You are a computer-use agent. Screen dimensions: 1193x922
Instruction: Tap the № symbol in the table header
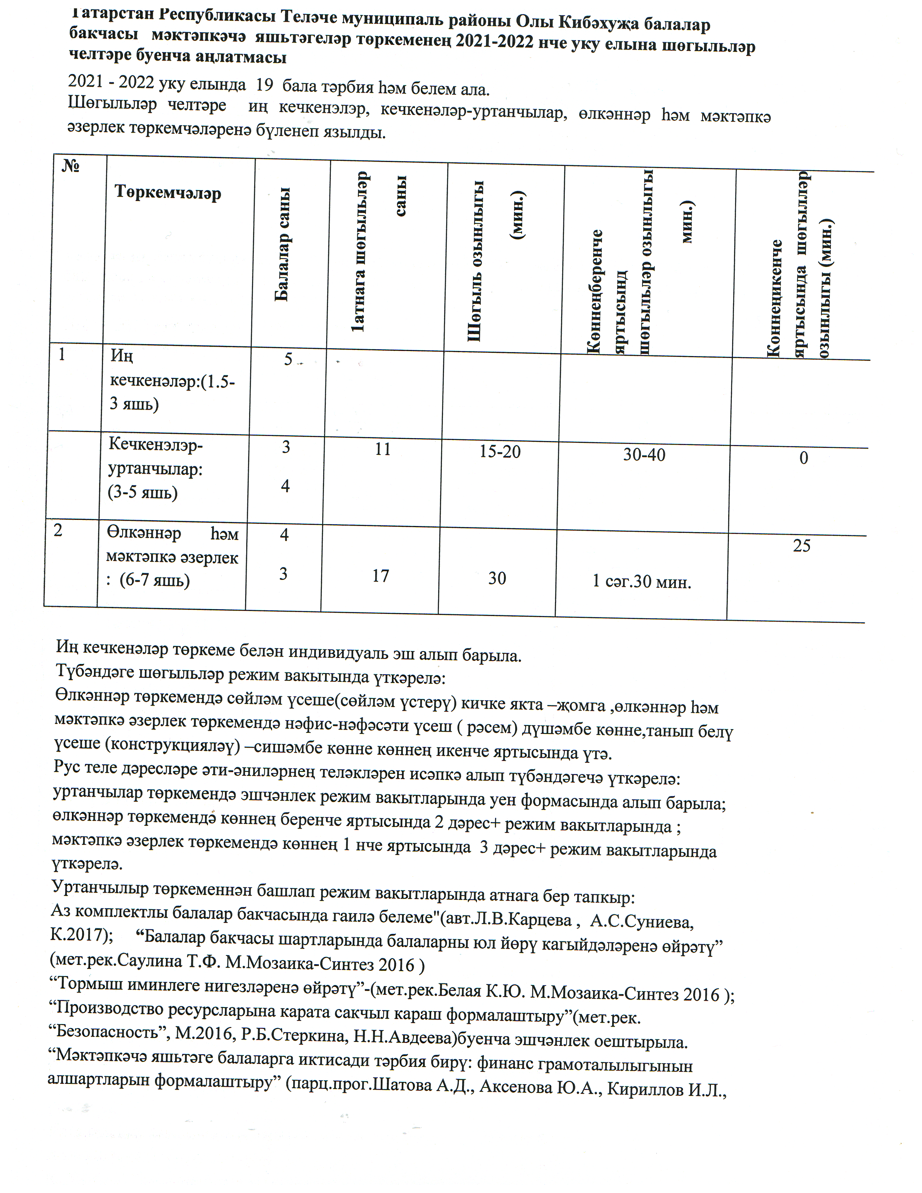pos(71,166)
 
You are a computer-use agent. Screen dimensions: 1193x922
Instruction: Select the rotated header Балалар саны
pos(282,245)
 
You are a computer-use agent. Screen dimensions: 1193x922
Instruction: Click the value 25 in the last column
pos(802,545)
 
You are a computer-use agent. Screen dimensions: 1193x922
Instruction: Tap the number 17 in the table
pos(380,576)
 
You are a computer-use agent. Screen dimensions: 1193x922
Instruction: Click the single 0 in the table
pos(803,458)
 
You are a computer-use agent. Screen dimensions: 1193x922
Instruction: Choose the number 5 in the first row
pos(288,359)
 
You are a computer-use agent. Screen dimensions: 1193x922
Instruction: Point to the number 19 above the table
pos(264,85)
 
